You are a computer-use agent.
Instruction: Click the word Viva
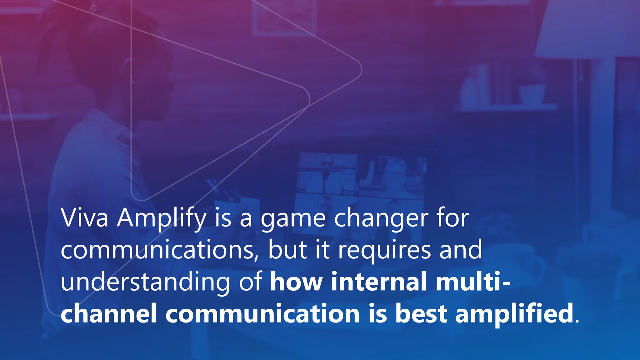click(x=84, y=218)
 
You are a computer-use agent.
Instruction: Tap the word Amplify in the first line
click(x=161, y=218)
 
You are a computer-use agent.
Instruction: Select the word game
click(x=293, y=218)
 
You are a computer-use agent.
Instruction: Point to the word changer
click(x=381, y=218)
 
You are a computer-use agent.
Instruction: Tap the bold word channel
click(x=109, y=313)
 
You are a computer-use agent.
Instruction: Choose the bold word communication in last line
click(x=262, y=313)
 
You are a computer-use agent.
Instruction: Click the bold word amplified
click(x=514, y=313)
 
